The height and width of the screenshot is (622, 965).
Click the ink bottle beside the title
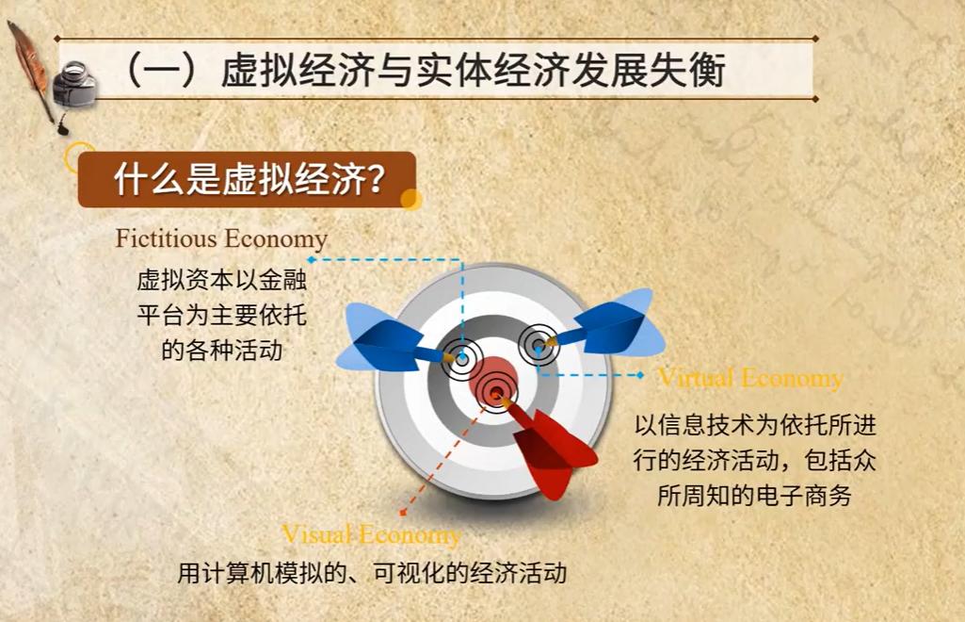click(x=74, y=84)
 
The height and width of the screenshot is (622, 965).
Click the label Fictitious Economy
click(x=221, y=239)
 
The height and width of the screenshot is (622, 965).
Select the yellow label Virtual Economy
click(x=750, y=378)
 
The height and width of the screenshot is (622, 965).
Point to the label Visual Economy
click(x=371, y=534)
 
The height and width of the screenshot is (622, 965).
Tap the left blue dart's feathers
click(x=381, y=337)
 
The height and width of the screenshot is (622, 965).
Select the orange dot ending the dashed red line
click(x=403, y=513)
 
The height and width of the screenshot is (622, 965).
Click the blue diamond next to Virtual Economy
click(x=640, y=374)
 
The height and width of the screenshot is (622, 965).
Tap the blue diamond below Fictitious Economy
click(x=312, y=260)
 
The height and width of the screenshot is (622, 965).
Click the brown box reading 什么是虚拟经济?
click(x=247, y=179)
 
